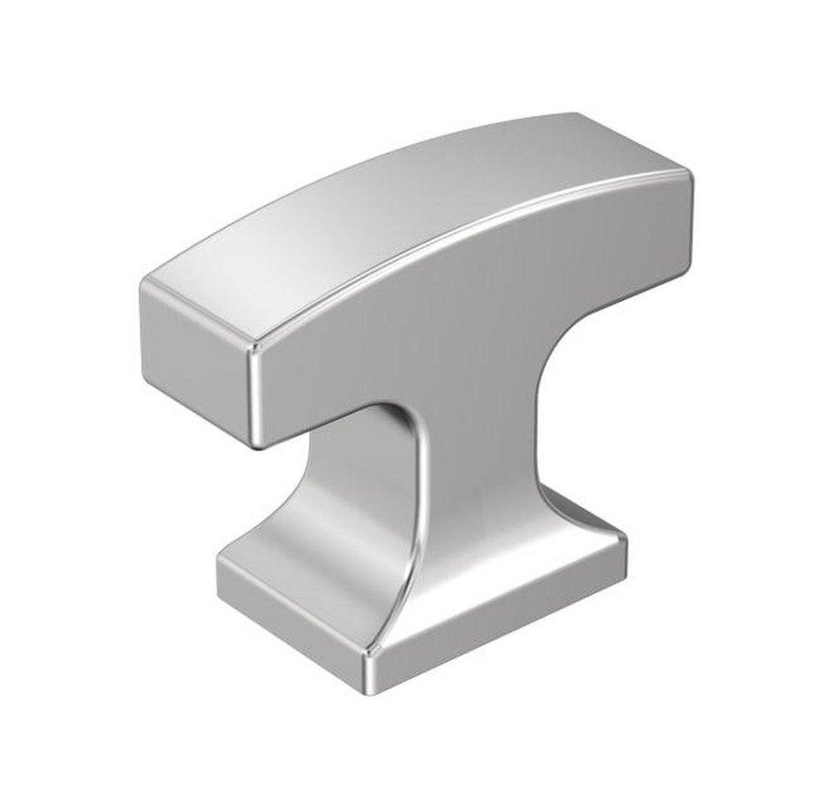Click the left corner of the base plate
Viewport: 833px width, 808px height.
[x=221, y=566]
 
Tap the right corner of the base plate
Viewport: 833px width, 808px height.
[x=623, y=541]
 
